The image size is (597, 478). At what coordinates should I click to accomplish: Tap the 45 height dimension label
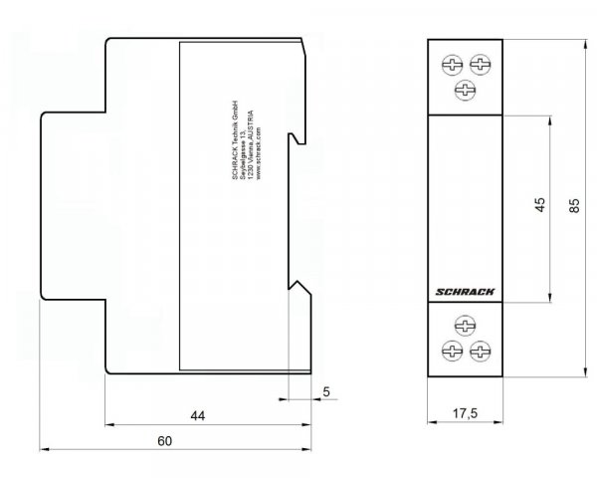539,206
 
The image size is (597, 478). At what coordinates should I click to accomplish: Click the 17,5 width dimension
466,412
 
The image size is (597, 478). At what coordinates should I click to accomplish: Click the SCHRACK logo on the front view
466,292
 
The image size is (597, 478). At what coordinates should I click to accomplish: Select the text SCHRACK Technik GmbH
226,139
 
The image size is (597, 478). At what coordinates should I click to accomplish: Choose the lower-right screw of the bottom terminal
481,351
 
